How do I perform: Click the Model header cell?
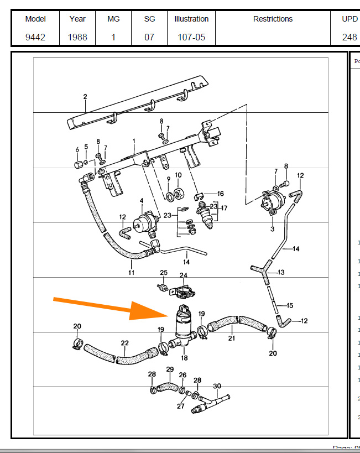pos(35,19)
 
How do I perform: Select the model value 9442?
pos(35,38)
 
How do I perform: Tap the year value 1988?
pos(77,38)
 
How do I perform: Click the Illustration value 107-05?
pos(191,38)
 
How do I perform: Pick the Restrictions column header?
pos(273,19)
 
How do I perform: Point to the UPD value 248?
pos(349,38)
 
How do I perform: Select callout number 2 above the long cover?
pos(85,97)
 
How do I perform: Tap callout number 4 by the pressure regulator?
pos(141,200)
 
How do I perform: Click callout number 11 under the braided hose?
pos(132,272)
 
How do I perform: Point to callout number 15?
pos(290,305)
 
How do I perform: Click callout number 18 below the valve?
pos(185,358)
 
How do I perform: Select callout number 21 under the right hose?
pos(231,338)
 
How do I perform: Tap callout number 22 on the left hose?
pos(125,343)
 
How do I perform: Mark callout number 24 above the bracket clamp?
pos(183,275)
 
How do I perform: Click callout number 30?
pos(217,386)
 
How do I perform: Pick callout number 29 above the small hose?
pos(169,369)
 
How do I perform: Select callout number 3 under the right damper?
pos(272,228)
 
